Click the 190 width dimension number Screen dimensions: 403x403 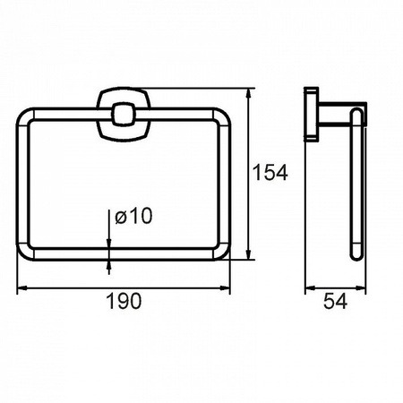tap(124, 301)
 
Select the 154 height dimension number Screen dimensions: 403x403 tap(270, 172)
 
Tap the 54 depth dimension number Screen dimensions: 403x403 tap(335, 301)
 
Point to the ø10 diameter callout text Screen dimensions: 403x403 tap(133, 216)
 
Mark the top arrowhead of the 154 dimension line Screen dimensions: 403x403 tap(248, 94)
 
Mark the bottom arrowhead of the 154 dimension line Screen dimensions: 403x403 tap(248, 253)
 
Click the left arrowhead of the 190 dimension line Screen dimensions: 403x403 tap(22, 288)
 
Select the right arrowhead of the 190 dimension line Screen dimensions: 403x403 tap(224, 288)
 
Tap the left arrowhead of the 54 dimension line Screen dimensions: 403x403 tap(311, 288)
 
